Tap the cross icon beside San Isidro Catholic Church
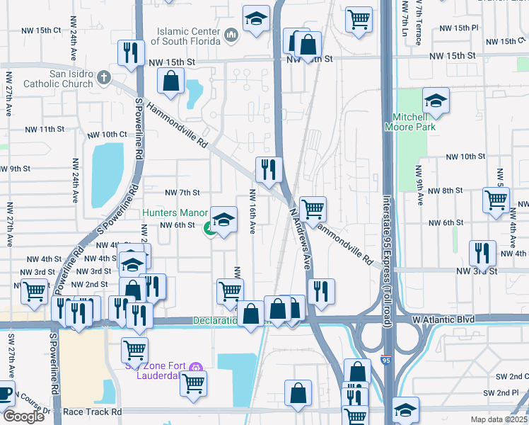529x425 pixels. point(104,76)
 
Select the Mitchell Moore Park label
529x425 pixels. point(410,122)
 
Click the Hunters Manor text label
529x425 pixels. point(174,212)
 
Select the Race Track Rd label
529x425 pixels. point(92,412)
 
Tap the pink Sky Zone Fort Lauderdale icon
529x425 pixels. point(195,367)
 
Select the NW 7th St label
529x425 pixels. point(182,193)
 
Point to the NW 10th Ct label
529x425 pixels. point(106,135)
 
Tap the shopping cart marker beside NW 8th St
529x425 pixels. point(496,199)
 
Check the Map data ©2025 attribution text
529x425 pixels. point(498,419)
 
